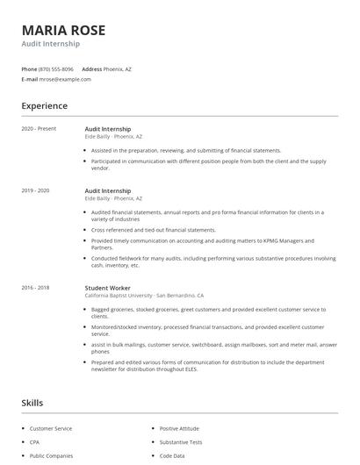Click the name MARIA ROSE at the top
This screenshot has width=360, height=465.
tap(63, 30)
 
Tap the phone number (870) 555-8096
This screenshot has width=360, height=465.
tap(57, 68)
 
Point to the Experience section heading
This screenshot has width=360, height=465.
tap(44, 106)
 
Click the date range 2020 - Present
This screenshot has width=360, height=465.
tap(39, 129)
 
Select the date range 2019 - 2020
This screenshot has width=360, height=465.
tap(36, 190)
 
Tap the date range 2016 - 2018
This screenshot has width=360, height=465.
tap(36, 288)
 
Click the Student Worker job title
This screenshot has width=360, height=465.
tap(109, 288)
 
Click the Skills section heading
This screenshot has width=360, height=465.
tap(32, 403)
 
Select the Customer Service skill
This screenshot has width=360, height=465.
tap(51, 428)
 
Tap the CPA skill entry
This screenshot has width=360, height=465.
tap(35, 442)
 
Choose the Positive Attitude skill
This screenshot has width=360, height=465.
tap(180, 428)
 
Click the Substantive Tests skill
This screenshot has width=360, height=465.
tap(182, 442)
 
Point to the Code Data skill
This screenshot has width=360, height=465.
tap(172, 456)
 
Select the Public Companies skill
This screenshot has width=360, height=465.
tap(51, 456)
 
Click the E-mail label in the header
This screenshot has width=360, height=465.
tap(30, 79)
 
